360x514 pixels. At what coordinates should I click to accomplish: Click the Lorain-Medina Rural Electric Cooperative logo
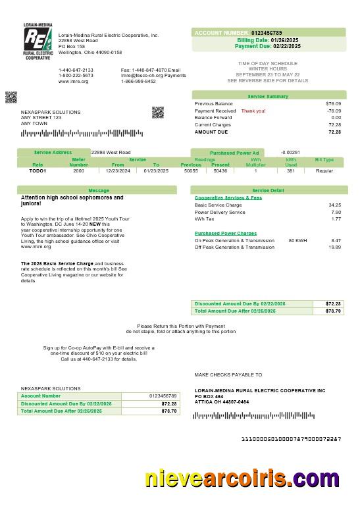click(38, 41)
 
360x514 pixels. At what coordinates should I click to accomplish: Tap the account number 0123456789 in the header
click(267, 32)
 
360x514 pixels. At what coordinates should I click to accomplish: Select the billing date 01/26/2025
click(286, 40)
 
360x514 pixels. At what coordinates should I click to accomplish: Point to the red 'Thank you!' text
click(253, 111)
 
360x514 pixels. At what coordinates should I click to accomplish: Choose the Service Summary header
click(268, 96)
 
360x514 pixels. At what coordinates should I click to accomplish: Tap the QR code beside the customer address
click(157, 112)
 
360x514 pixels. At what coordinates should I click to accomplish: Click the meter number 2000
click(79, 170)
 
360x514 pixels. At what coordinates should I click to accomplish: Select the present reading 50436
click(220, 170)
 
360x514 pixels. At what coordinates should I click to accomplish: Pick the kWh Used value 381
click(290, 170)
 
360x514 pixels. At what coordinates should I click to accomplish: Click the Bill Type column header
click(324, 160)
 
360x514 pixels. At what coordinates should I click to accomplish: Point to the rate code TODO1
click(38, 170)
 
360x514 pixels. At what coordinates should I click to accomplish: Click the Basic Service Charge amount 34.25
click(334, 205)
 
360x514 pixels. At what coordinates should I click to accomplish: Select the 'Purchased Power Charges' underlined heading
click(226, 233)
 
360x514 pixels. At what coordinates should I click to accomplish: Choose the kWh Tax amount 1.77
click(336, 218)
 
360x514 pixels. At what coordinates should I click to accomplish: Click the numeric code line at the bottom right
click(291, 438)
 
